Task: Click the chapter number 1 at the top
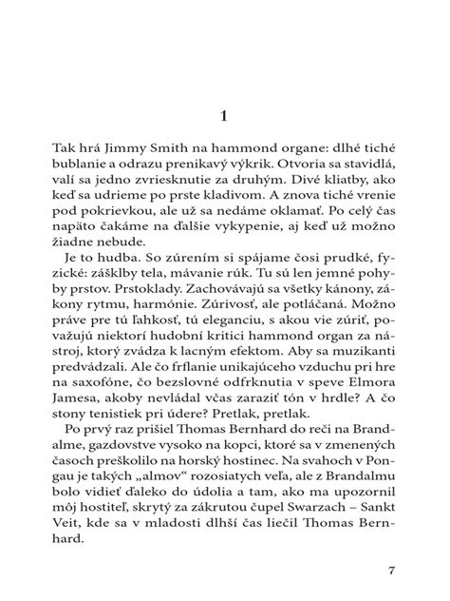[225, 116]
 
